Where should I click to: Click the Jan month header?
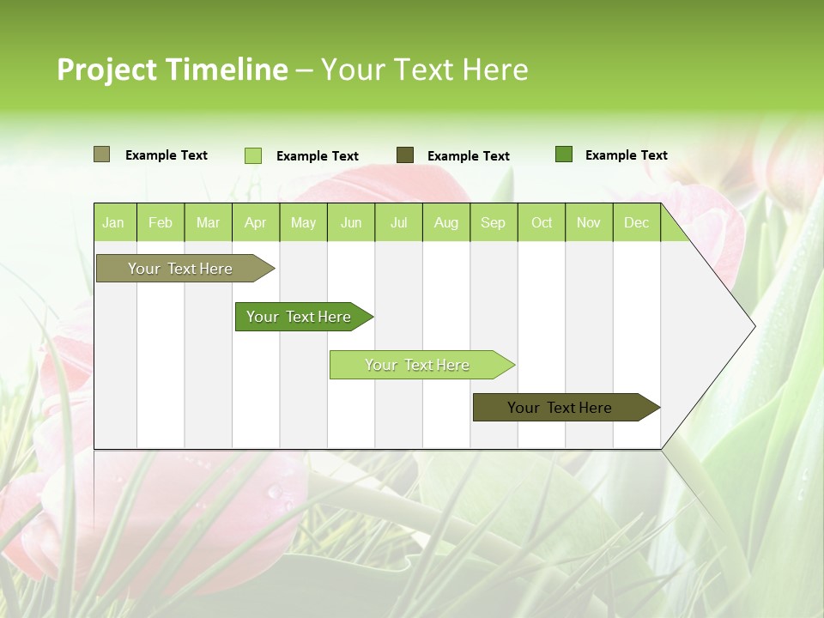(113, 222)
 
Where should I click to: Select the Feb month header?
(161, 222)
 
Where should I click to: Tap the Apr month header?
(255, 222)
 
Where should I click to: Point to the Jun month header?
(351, 222)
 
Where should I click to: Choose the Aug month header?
(445, 222)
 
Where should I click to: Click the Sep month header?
(493, 222)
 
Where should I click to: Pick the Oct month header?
(542, 222)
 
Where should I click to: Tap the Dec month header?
(636, 222)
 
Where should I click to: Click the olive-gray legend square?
(102, 154)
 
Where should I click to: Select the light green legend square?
(253, 155)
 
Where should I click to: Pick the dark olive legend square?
(405, 155)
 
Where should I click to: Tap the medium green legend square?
(564, 154)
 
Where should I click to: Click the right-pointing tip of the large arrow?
(753, 325)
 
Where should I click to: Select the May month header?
(303, 222)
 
